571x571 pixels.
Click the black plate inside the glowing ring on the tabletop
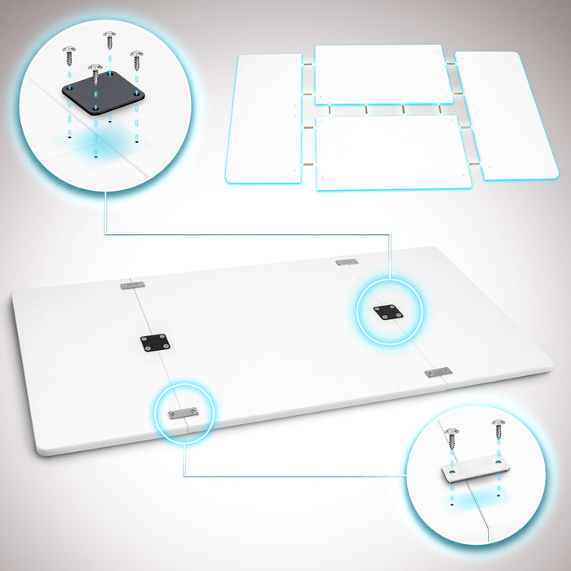(387, 312)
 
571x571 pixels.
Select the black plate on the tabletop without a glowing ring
(154, 343)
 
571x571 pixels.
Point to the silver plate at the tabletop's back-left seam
(132, 285)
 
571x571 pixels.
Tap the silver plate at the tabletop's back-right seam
(347, 262)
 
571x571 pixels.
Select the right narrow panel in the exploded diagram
(496, 116)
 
